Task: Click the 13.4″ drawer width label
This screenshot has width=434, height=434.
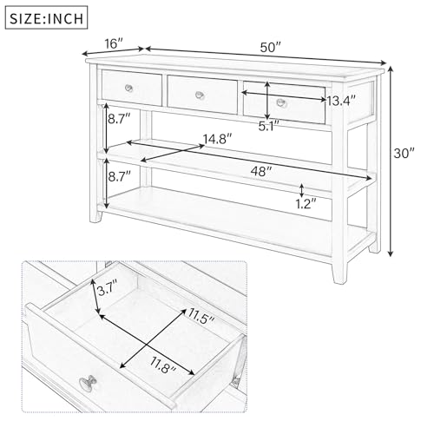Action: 343,101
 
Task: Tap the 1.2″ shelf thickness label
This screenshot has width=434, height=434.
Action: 305,206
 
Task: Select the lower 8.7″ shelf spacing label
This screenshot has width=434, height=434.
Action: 119,176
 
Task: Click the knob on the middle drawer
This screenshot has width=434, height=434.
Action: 201,94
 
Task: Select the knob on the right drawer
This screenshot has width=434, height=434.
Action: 279,102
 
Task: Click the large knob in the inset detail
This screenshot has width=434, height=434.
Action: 87,383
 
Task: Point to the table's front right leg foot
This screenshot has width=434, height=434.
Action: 335,279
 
